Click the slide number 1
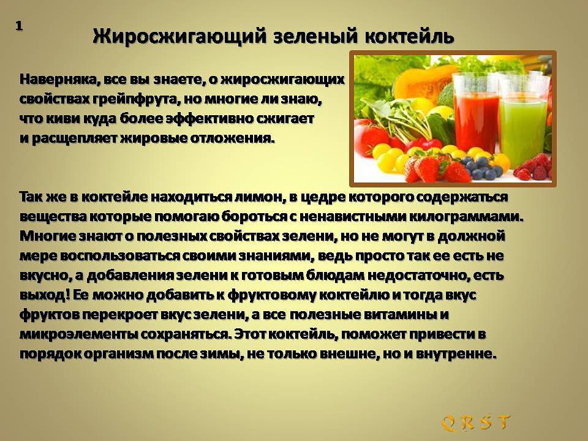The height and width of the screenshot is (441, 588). click(x=19, y=26)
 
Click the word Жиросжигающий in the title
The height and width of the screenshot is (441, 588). click(x=179, y=37)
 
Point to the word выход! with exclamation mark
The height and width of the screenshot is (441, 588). click(x=45, y=295)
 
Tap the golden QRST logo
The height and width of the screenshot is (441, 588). click(x=475, y=423)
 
